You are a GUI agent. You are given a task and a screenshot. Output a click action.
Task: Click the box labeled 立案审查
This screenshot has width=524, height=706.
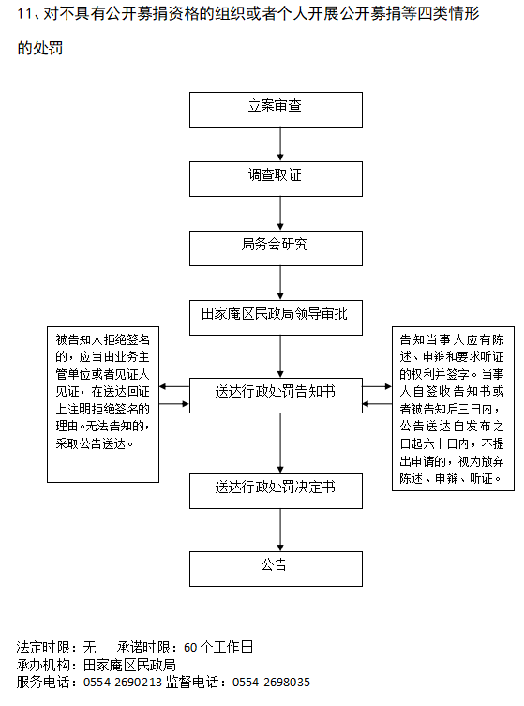coord(276,110)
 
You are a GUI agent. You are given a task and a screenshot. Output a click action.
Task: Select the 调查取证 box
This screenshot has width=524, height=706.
coord(276,179)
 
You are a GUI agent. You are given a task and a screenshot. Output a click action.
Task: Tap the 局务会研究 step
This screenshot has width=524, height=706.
coord(276,248)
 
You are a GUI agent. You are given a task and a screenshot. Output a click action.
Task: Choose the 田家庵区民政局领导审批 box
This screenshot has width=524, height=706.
coord(276,318)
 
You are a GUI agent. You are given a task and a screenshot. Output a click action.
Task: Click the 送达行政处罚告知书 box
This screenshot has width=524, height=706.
coord(276,396)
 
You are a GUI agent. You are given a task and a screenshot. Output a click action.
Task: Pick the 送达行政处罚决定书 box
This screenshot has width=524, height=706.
coord(276,490)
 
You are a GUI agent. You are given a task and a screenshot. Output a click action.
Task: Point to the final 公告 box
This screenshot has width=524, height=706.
coord(276,569)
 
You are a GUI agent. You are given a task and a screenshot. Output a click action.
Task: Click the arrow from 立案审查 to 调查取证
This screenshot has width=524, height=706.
coord(280,144)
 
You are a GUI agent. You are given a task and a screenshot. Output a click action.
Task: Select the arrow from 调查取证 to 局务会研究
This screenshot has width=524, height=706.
coord(280,214)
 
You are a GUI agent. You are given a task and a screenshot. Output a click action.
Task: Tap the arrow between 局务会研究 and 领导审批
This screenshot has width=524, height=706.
coord(280,283)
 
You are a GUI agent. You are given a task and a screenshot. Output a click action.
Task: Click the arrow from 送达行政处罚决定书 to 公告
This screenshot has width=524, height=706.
coord(280,530)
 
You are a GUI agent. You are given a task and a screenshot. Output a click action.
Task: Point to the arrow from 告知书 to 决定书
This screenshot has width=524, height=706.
coord(280,443)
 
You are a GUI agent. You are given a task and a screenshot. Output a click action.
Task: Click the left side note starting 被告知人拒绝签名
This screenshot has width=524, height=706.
coord(103,404)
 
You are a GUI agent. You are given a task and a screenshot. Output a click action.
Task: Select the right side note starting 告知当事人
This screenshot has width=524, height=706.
coord(453,409)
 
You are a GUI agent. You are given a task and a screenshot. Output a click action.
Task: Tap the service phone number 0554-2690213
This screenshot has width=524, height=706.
coord(123,683)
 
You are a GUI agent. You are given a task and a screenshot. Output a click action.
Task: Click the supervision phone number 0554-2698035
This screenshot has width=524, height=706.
coord(271,683)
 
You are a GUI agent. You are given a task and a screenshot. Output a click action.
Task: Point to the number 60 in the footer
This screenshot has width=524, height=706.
coord(190,648)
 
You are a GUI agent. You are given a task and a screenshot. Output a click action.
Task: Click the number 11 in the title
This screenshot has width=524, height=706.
coord(24,13)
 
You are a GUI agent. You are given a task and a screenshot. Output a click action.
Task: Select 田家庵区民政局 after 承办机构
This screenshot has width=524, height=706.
coord(129,665)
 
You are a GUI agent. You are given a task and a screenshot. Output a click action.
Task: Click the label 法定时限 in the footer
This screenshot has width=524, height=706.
coord(43,648)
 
